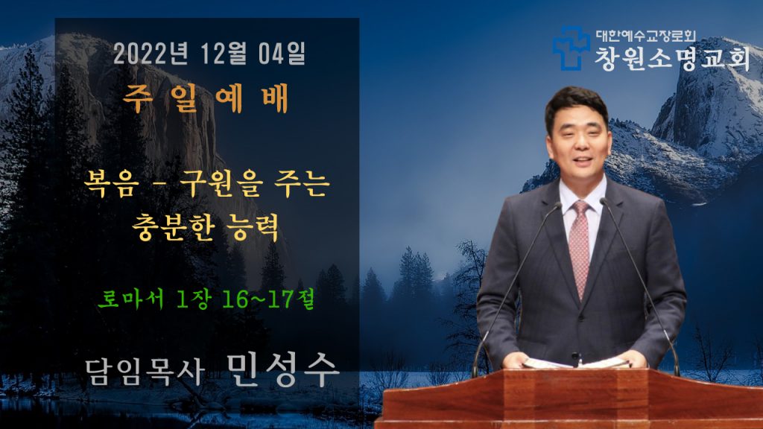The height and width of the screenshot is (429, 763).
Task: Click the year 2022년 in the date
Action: (151, 53)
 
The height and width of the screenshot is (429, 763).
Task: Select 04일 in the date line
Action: (282, 53)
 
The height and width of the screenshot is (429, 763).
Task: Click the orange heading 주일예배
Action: (206, 99)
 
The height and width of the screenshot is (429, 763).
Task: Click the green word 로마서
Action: (130, 298)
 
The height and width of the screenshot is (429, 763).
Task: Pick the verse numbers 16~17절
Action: (268, 298)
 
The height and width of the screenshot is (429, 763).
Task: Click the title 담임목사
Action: (145, 372)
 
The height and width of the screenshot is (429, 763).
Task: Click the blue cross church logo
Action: (570, 48)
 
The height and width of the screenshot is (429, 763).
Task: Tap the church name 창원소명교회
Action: (672, 59)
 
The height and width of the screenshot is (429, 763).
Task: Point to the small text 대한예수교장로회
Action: (646, 36)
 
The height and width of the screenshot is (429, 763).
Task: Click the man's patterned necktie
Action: (580, 248)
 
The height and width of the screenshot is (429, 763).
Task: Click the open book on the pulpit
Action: (576, 363)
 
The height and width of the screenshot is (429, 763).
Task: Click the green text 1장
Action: (193, 298)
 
